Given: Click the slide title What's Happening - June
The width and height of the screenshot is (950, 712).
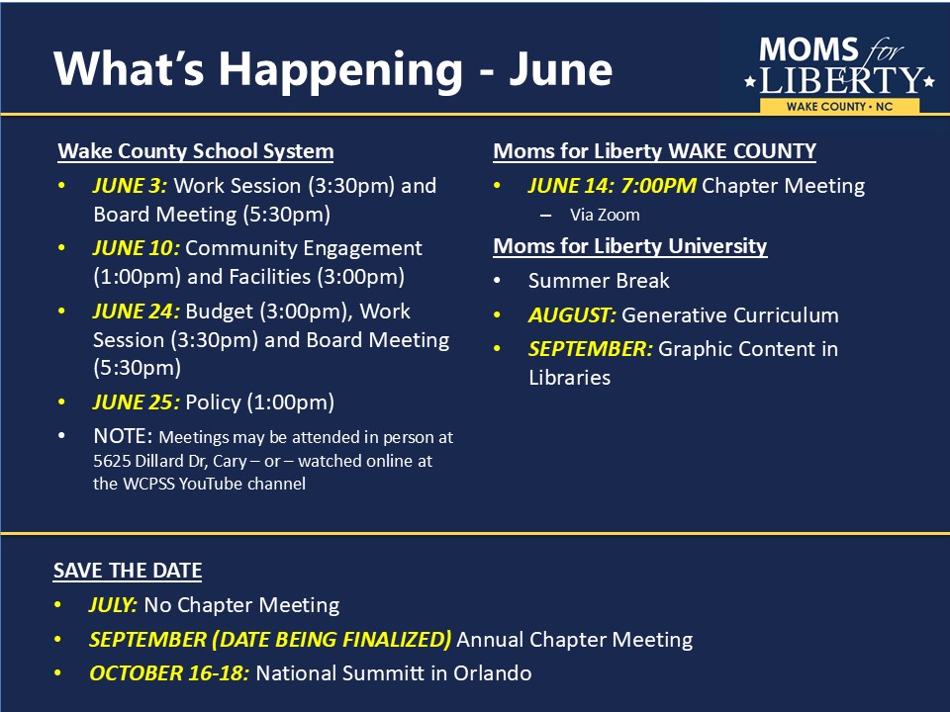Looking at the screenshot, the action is coord(332,69).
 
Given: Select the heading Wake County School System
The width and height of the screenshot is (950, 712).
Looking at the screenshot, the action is coord(196,150).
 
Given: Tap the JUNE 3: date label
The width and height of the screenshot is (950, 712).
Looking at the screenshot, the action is coord(130,185).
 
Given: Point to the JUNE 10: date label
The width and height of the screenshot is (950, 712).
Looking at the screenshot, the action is coord(137,247).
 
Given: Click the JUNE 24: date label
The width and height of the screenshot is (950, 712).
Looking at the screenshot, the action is coord(137,311).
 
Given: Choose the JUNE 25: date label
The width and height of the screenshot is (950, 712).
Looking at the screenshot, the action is coord(137,402).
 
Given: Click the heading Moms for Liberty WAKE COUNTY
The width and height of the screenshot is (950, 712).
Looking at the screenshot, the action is coord(654,150).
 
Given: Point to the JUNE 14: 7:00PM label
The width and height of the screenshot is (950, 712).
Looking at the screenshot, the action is coord(612,185).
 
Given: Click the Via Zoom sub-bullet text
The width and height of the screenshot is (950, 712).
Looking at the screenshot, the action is coord(605,215).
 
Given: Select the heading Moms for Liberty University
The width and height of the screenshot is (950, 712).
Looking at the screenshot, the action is coord(630,246).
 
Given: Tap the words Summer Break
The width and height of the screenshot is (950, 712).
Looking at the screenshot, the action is coord(599,280).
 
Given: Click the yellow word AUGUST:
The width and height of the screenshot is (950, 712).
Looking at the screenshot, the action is coord(572,314).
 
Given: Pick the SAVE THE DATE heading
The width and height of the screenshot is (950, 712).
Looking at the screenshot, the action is coord(128,571).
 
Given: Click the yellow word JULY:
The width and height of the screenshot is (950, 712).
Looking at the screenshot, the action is coord(113,605).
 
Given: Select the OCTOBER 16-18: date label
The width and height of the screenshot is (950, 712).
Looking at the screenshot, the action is coord(169,673).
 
